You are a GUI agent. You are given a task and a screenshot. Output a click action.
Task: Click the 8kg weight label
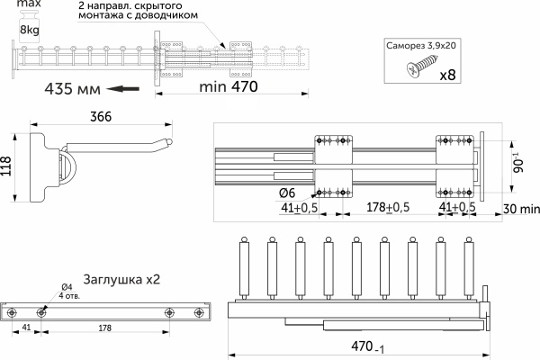tap(30, 31)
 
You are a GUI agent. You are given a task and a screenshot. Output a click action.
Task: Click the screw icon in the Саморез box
tap(423, 67)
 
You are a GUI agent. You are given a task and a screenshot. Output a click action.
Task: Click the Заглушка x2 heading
tap(121, 279)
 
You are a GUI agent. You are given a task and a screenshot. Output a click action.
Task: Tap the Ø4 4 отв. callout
tap(67, 291)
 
